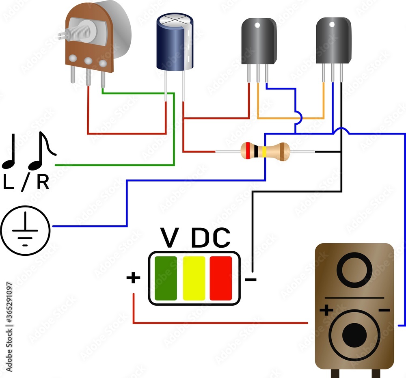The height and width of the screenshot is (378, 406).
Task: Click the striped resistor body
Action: (x=265, y=151)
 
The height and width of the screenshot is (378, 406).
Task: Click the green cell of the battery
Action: (x=166, y=278)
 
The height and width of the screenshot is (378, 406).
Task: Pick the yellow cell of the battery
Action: (x=194, y=278)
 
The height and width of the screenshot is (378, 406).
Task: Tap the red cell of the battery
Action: (x=221, y=278)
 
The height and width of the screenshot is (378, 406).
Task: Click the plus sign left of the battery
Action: (x=133, y=278)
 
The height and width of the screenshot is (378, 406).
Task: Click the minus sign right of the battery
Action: (x=251, y=279)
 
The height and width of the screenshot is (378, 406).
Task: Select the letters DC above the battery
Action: (x=210, y=239)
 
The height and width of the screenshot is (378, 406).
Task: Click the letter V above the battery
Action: (x=170, y=239)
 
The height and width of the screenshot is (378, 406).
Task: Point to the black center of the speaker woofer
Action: (x=354, y=335)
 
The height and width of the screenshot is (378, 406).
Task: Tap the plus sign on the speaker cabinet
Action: (x=326, y=311)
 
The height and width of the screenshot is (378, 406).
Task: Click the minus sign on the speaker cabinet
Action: (x=384, y=311)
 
